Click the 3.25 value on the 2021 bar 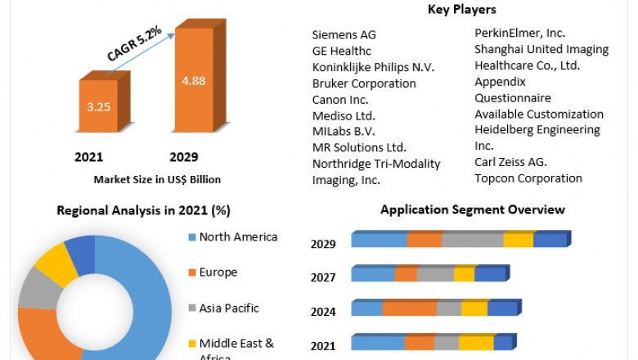(97, 106)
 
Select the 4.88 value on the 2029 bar (193, 81)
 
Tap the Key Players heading (462, 10)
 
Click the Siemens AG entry (344, 35)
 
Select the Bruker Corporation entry (364, 83)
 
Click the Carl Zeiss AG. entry (510, 162)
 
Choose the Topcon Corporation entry (528, 178)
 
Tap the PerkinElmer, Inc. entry (519, 34)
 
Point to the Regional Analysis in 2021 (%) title (143, 210)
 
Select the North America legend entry (238, 237)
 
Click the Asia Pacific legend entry (229, 308)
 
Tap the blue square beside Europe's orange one (192, 237)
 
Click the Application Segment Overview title (472, 209)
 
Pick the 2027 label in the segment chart (323, 277)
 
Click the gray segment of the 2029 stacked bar (472, 240)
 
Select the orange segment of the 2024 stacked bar (409, 308)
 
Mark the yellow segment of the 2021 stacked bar (476, 343)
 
